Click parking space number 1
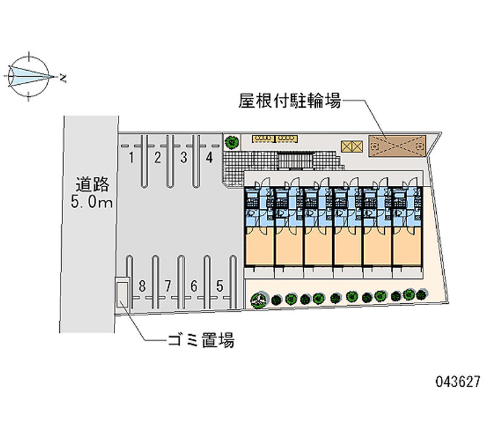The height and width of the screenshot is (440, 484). coord(131,159)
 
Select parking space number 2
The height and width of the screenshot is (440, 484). coord(157,159)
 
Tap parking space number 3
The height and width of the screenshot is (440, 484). coord(183,159)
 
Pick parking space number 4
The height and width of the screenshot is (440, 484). coord(209,159)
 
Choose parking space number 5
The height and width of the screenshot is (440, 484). coord(220,286)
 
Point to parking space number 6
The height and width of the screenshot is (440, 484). coord(194,286)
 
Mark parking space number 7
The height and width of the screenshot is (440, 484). coord(168,286)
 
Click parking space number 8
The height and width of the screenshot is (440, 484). coord(142,286)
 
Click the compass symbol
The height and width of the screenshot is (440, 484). coord(28,76)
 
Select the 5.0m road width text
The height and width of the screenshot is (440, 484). coord(91,203)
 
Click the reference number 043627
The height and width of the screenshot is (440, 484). coord(457,383)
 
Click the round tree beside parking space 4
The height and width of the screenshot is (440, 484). coord(232,143)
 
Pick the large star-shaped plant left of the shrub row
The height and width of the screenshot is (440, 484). coord(258,298)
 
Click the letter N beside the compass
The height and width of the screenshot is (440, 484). coord(63,77)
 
